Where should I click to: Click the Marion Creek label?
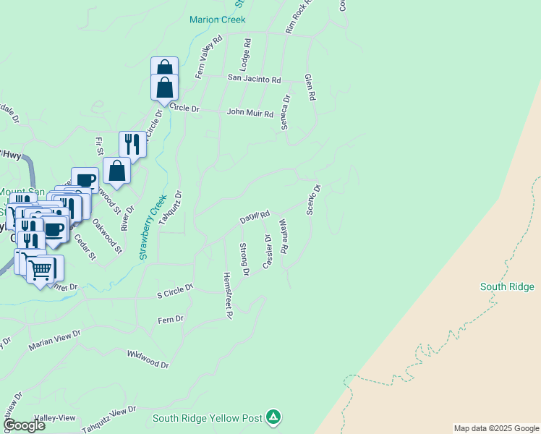tap(217, 20)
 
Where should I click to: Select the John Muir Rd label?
tap(250, 114)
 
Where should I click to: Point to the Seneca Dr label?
tap(286, 112)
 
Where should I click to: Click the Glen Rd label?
tap(310, 86)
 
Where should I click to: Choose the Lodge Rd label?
tap(247, 53)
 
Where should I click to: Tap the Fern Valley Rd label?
tap(207, 56)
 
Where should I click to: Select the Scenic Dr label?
tap(312, 200)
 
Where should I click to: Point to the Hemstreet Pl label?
tap(227, 295)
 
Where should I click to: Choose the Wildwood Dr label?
tap(148, 359)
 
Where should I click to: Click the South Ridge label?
tap(507, 287)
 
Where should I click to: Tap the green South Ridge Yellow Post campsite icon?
tap(273, 417)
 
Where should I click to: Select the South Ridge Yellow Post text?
tap(207, 418)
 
